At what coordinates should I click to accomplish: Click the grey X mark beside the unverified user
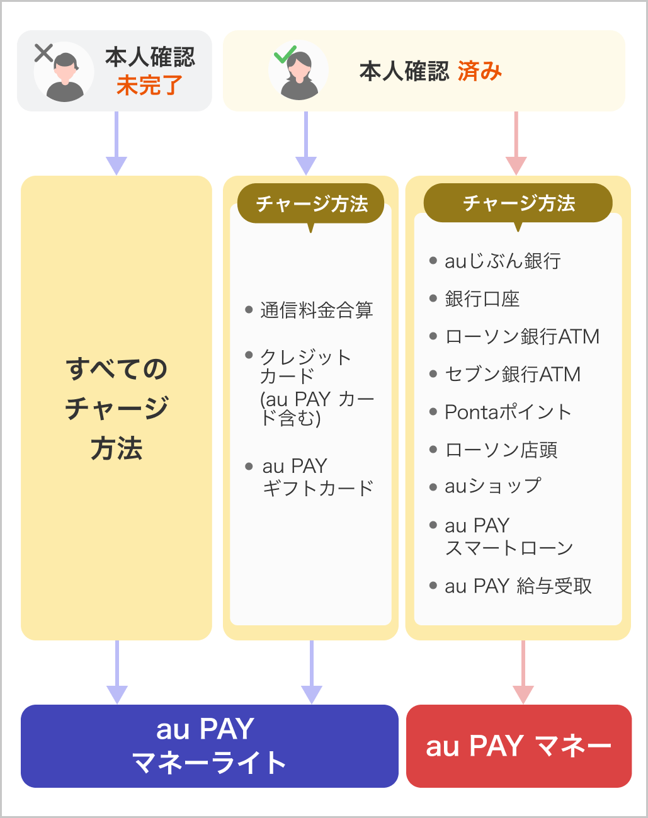43,54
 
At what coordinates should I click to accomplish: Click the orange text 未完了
149,85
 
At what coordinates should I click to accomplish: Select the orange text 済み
480,71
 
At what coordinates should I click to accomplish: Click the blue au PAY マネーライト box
209,746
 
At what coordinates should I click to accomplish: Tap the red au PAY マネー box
518,746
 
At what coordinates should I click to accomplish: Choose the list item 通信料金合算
316,310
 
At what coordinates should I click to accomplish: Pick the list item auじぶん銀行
503,261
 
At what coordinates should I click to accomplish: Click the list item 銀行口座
482,298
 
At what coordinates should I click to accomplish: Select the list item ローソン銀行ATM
521,336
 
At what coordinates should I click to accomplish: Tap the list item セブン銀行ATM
512,374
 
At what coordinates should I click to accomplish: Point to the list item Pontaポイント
508,412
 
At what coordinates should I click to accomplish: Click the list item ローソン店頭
501,450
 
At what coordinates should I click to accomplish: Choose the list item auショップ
492,486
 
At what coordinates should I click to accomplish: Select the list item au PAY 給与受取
518,586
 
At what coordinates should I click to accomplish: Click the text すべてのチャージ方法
117,408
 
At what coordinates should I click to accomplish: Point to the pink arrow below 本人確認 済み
516,143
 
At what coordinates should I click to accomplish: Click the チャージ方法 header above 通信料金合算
311,203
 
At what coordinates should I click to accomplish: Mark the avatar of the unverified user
64,75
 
